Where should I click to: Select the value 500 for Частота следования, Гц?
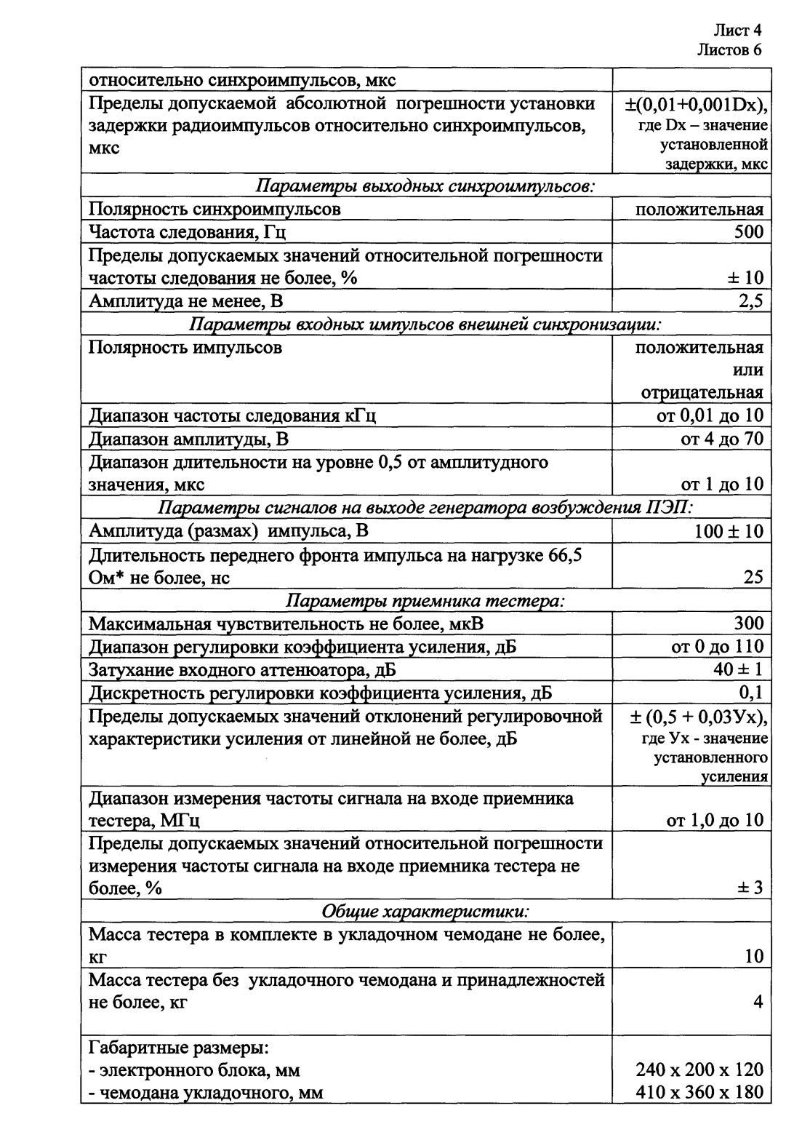point(748,232)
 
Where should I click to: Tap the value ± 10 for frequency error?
point(744,278)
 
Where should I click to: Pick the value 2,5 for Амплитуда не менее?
point(750,300)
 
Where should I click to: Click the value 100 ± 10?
point(729,531)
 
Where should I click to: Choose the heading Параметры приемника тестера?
point(426,600)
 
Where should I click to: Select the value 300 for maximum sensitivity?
point(748,624)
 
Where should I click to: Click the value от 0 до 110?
point(716,646)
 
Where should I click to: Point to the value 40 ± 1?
point(737,669)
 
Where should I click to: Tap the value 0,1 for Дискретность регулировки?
point(751,692)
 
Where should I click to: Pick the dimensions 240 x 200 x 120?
point(699,1070)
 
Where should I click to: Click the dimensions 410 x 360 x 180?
point(699,1093)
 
